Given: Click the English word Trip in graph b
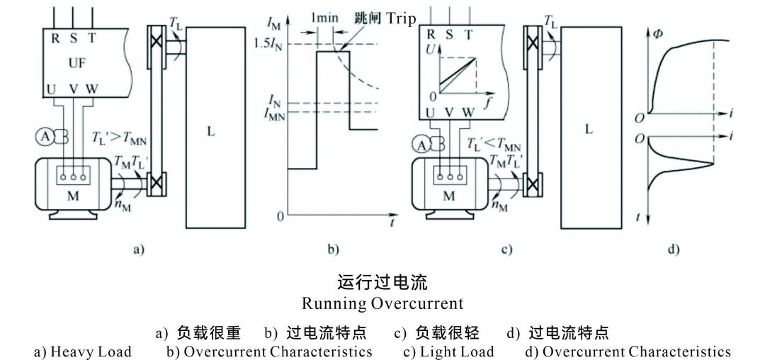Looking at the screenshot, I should click(x=402, y=18).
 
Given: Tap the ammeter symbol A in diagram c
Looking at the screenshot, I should click(x=423, y=145).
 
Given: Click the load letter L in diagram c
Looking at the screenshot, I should click(x=589, y=130).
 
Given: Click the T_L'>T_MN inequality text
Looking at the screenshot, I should click(x=118, y=137).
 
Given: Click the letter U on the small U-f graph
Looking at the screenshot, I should click(x=429, y=50).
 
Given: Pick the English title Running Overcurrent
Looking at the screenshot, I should click(x=382, y=304).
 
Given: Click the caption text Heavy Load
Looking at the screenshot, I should click(x=91, y=351).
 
